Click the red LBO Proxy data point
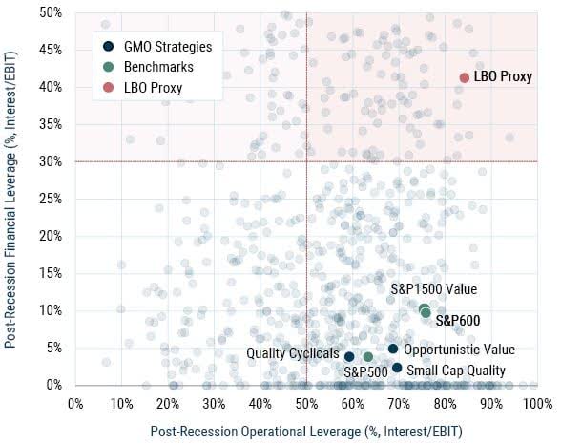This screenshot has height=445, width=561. pyautogui.click(x=465, y=78)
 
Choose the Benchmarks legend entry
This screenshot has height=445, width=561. pyautogui.click(x=156, y=67)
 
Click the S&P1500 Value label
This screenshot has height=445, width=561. pyautogui.click(x=434, y=289)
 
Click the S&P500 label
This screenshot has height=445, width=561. pyautogui.click(x=364, y=371)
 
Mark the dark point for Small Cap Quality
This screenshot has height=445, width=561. pyautogui.click(x=397, y=368)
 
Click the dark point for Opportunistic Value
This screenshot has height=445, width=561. pyautogui.click(x=393, y=350)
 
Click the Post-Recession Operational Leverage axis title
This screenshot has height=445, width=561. pyautogui.click(x=305, y=431)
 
